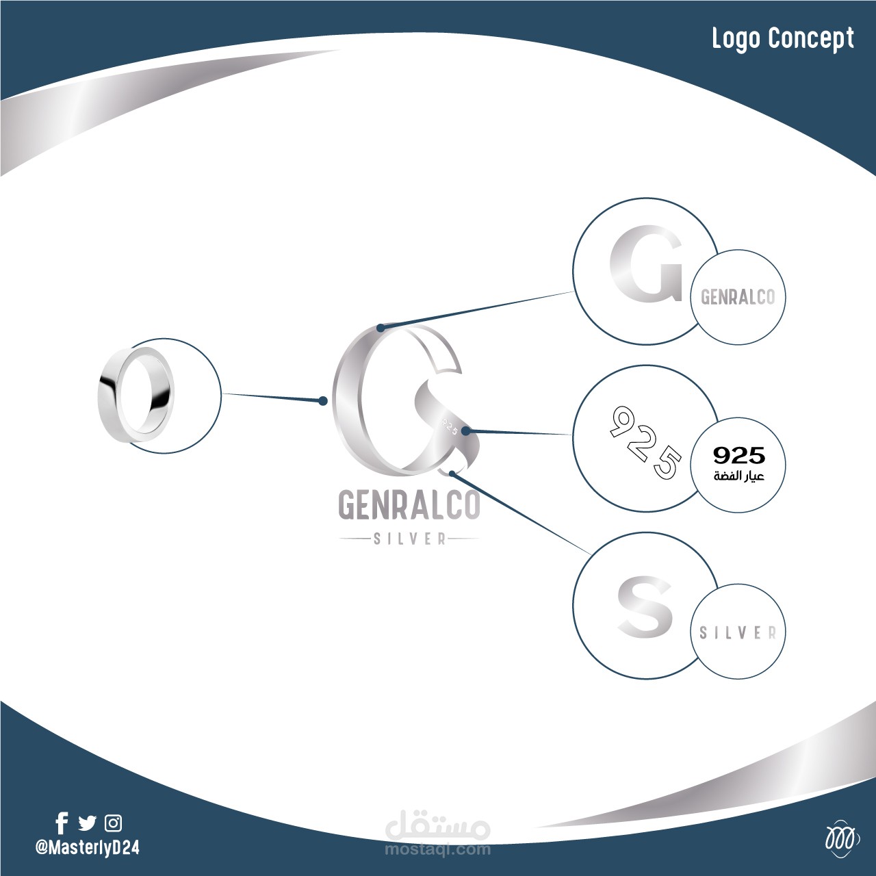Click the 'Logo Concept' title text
point(782,39)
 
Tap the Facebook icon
point(62,823)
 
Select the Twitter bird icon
point(88,823)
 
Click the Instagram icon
point(113,823)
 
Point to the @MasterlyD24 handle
point(87,847)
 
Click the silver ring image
point(136,395)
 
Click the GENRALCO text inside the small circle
point(738,297)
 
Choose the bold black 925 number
point(738,455)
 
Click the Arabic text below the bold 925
point(738,476)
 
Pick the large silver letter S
point(645,606)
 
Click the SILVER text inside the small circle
point(738,633)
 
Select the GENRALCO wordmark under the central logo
point(409,506)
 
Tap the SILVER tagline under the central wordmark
point(409,539)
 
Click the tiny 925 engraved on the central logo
point(449,424)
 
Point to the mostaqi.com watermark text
point(438,849)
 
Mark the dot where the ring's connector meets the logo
point(324,401)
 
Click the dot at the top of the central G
point(380,328)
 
